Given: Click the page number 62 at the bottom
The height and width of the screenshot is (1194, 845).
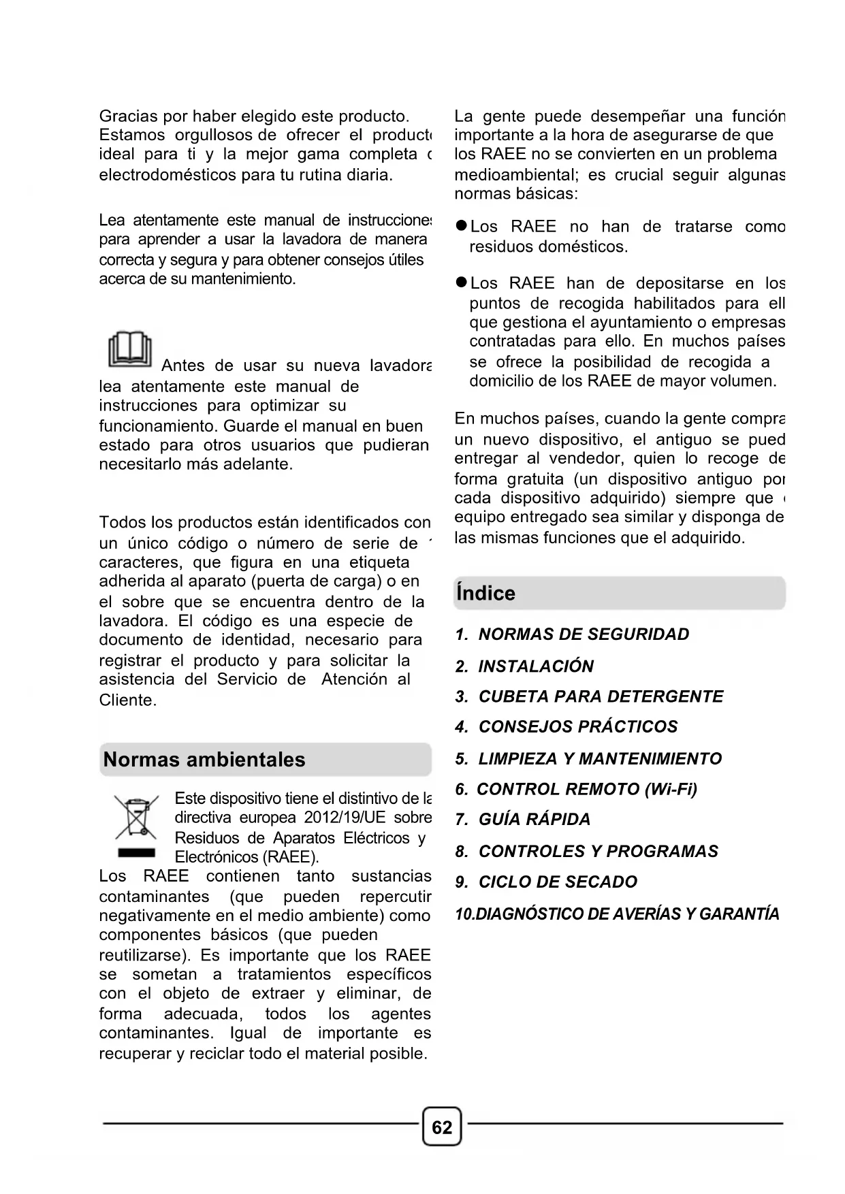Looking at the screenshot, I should pos(442,1128).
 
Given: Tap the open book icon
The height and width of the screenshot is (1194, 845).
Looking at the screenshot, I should pos(129,350).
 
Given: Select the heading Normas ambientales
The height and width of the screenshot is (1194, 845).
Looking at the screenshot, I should pos(204,760).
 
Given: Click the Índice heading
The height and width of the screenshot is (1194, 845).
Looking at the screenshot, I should pos(486,594).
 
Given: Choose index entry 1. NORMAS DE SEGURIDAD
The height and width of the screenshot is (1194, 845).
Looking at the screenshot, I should pos(572,634).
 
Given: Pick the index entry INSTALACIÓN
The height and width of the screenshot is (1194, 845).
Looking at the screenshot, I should pos(535,666).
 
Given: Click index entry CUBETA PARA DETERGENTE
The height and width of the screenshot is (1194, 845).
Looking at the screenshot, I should pos(601,697).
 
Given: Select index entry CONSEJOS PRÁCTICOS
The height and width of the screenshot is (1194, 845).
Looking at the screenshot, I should pos(577,727).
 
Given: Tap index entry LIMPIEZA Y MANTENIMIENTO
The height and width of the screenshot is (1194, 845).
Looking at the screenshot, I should pos(599,759).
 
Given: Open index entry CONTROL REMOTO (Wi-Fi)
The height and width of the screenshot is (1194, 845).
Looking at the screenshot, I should pos(586,790).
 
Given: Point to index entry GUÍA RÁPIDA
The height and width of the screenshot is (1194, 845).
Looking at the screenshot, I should pos(534,820).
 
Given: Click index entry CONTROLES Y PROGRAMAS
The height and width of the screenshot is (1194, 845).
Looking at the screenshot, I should pos(598,852).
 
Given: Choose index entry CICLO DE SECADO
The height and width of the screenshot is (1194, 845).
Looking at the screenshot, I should pos(557,882).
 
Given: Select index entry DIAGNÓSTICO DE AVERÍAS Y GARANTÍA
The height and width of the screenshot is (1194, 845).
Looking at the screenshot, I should pos(626,914).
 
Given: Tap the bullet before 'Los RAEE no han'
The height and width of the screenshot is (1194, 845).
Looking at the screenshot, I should pos(461,227).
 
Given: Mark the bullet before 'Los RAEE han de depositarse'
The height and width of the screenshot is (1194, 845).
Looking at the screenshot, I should pos(461,283).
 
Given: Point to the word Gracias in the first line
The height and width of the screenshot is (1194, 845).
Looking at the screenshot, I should pos(127,116).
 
